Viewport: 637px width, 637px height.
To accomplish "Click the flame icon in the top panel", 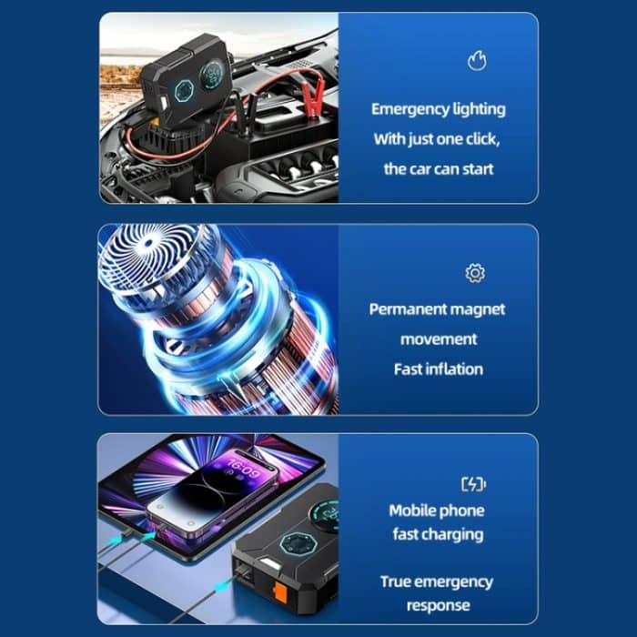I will click(477, 61).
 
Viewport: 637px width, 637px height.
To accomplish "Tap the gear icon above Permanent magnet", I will click(474, 273).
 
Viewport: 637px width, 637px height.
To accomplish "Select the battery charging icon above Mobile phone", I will click(473, 484).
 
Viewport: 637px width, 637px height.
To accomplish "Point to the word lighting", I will click(479, 109).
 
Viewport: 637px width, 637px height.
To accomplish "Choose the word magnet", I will click(480, 309).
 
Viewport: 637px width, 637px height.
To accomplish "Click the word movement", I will click(439, 339).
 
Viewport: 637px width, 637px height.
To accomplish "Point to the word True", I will click(398, 581).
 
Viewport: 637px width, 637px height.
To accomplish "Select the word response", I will click(439, 605).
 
